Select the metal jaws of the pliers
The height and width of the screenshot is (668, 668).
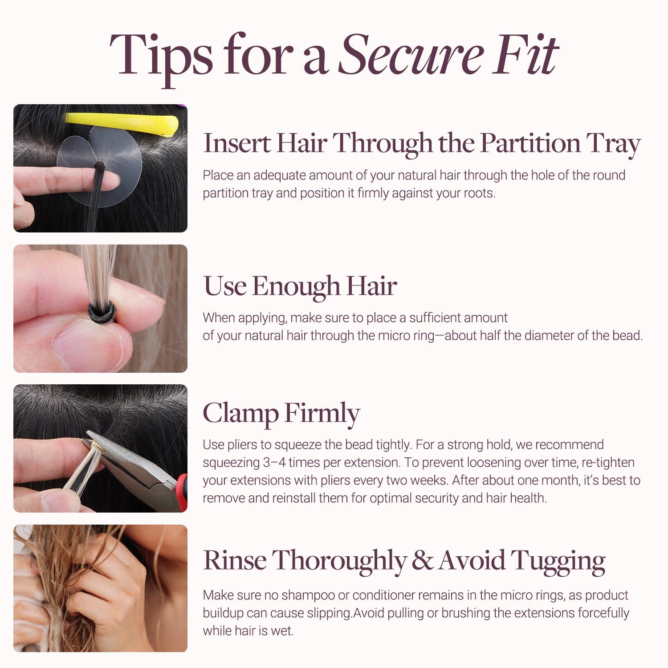(x=116, y=452)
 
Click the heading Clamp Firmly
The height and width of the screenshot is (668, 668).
(x=281, y=414)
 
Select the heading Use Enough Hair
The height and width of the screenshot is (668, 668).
(x=300, y=286)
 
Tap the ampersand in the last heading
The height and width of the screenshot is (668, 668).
(x=422, y=560)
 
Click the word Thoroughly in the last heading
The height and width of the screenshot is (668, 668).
(x=339, y=561)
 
